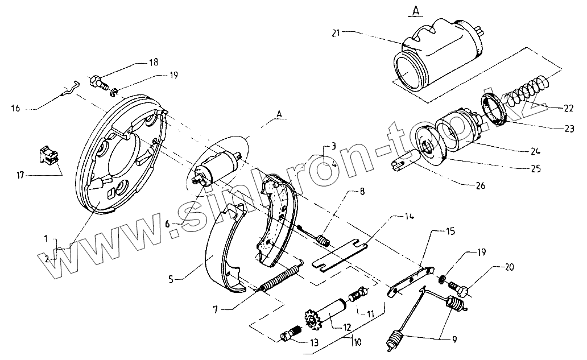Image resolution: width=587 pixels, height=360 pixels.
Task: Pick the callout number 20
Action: [509, 267]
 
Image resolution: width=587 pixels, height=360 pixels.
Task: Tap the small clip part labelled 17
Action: [51, 155]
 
